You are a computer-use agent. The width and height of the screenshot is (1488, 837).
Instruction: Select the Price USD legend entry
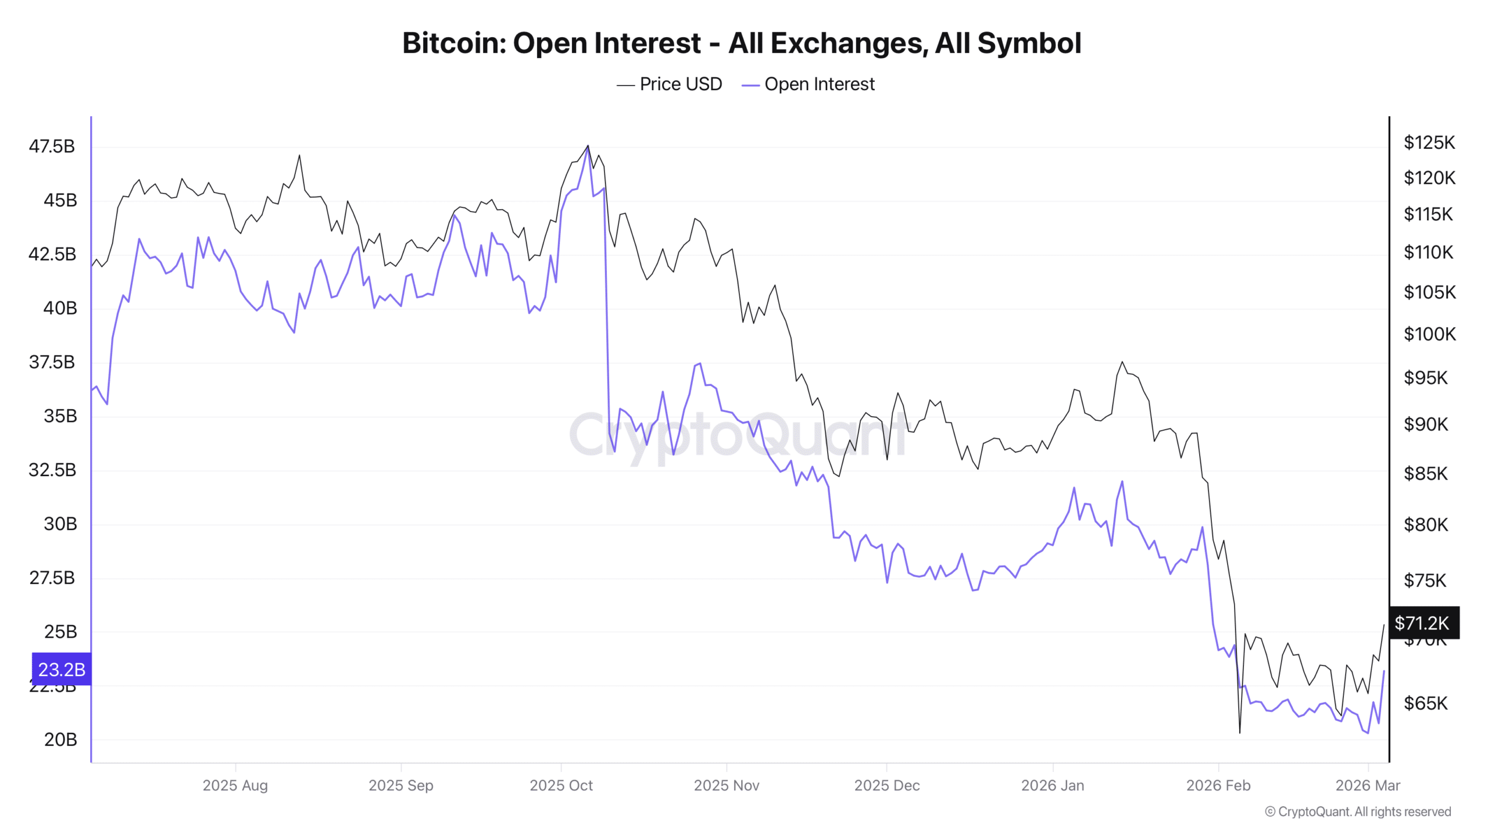tap(670, 84)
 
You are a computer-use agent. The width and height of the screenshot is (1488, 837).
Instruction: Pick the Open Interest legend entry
tap(809, 84)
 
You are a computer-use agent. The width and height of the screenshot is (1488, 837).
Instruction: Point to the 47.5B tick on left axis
tap(52, 146)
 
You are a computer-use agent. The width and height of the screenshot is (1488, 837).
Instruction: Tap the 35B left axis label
tap(60, 416)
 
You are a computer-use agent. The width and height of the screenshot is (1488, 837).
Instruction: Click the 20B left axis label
tap(60, 739)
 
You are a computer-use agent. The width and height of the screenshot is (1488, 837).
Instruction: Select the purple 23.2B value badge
tap(62, 669)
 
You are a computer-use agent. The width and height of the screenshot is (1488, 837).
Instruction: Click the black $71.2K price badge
tap(1422, 623)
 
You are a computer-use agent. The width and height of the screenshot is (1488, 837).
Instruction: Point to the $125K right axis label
tap(1429, 142)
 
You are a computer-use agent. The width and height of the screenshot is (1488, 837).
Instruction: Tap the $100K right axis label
tap(1429, 334)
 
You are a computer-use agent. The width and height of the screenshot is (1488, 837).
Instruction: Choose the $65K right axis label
tap(1425, 703)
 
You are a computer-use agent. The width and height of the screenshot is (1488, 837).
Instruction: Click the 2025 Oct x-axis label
tap(561, 785)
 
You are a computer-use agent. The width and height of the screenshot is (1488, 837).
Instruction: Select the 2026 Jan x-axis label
tap(1052, 785)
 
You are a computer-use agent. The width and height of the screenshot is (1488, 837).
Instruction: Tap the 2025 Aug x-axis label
tap(235, 785)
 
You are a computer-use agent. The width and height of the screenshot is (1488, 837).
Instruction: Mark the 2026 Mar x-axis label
tap(1367, 785)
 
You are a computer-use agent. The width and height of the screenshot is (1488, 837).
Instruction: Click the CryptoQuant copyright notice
tap(1358, 811)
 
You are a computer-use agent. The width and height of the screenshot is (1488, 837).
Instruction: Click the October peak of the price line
tap(588, 146)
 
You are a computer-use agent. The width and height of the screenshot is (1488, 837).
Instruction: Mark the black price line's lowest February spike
tap(1240, 732)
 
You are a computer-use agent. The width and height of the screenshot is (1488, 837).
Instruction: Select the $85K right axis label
tap(1425, 474)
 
